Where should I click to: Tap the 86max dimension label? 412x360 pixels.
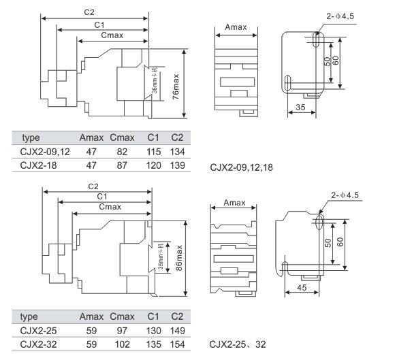[178, 258]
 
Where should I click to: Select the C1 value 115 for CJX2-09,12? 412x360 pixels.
[155, 152]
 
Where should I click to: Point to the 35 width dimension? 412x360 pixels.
[300, 108]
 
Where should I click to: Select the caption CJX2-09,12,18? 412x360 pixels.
[242, 166]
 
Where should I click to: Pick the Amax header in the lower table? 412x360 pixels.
[91, 316]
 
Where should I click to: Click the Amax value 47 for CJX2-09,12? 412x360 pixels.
[91, 152]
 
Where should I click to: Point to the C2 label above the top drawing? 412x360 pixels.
[89, 12]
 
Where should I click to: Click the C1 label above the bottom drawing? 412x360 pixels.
[102, 196]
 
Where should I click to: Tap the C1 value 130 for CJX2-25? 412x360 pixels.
[155, 331]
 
